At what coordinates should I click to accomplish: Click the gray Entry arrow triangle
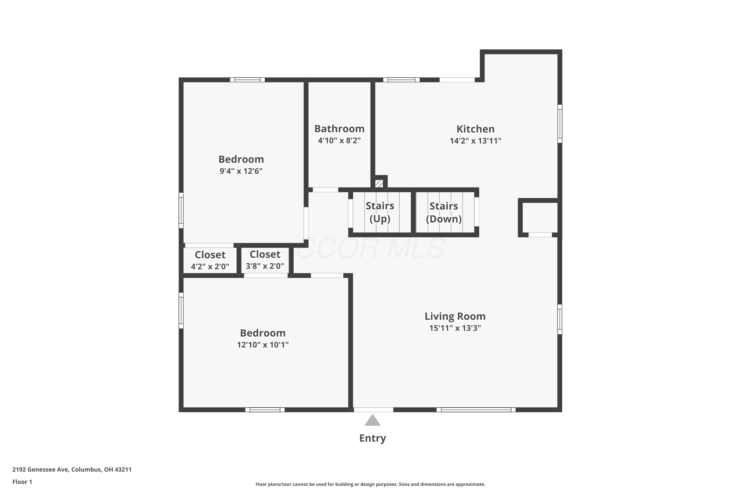372,420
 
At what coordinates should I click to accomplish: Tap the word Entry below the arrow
372,438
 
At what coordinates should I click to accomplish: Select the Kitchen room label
475,129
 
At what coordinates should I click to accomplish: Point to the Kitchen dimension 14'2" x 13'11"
475,141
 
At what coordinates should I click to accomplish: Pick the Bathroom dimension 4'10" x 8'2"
339,141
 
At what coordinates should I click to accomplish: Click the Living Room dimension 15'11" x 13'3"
455,328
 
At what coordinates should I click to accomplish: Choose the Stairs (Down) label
444,212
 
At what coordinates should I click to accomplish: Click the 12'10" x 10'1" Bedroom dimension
263,345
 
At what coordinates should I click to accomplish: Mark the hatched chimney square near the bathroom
379,183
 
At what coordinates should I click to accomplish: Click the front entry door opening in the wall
373,410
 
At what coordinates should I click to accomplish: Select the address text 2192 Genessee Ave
41,470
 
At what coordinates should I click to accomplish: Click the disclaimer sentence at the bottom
370,484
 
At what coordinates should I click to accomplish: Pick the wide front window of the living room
476,410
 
